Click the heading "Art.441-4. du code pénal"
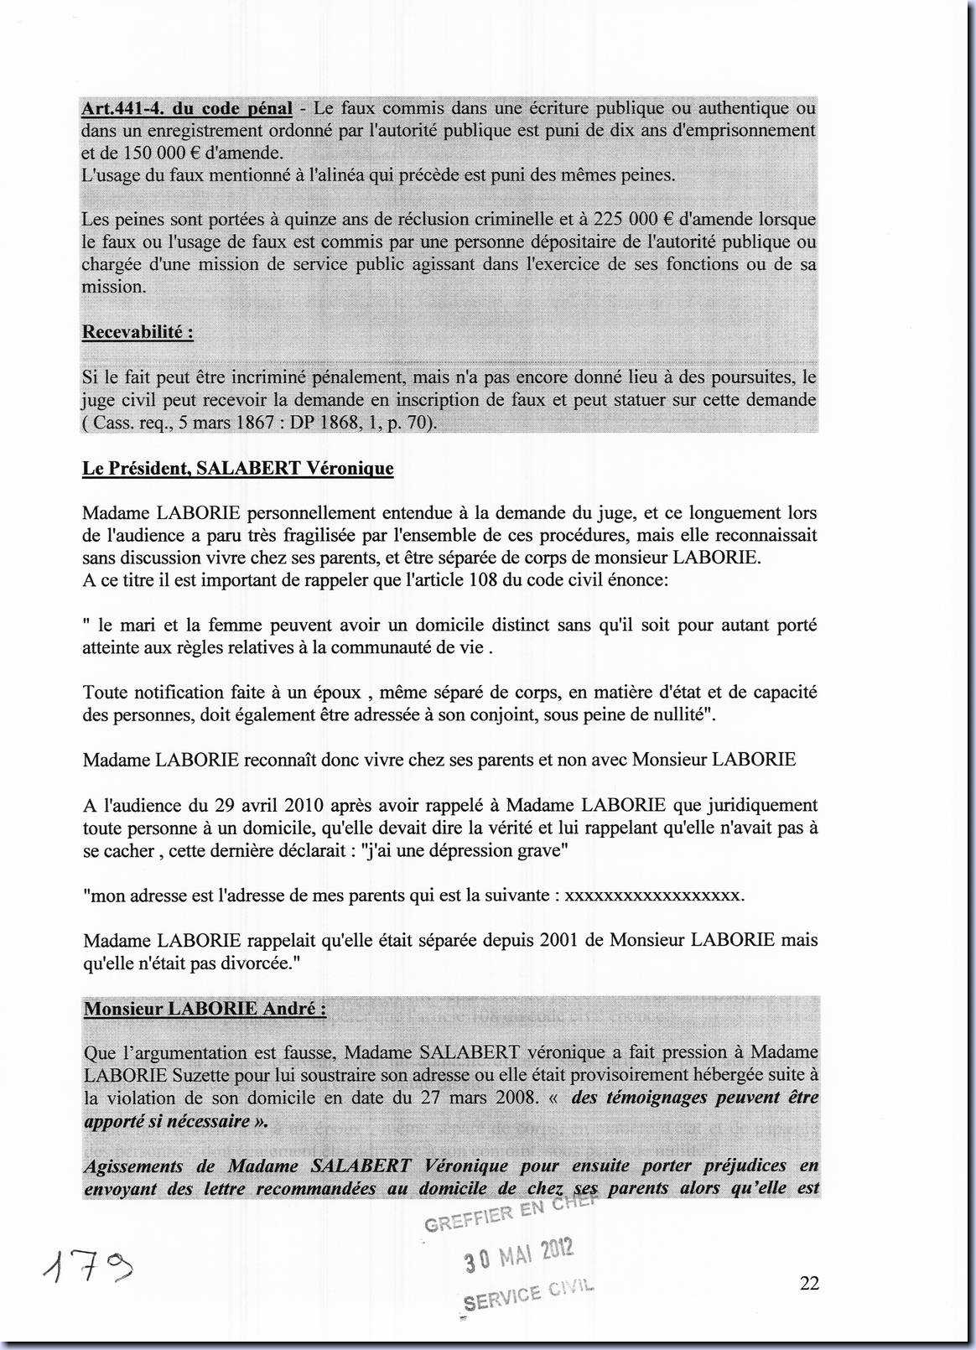pyautogui.click(x=187, y=108)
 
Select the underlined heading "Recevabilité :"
pyautogui.click(x=138, y=332)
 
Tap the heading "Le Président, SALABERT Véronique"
pyautogui.click(x=237, y=468)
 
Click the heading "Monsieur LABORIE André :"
pyautogui.click(x=205, y=1009)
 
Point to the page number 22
pyautogui.click(x=809, y=1283)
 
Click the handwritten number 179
pyautogui.click(x=86, y=1271)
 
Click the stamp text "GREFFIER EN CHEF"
pyautogui.click(x=510, y=1213)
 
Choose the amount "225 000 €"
pyautogui.click(x=633, y=220)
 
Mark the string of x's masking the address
pyautogui.click(x=653, y=895)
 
